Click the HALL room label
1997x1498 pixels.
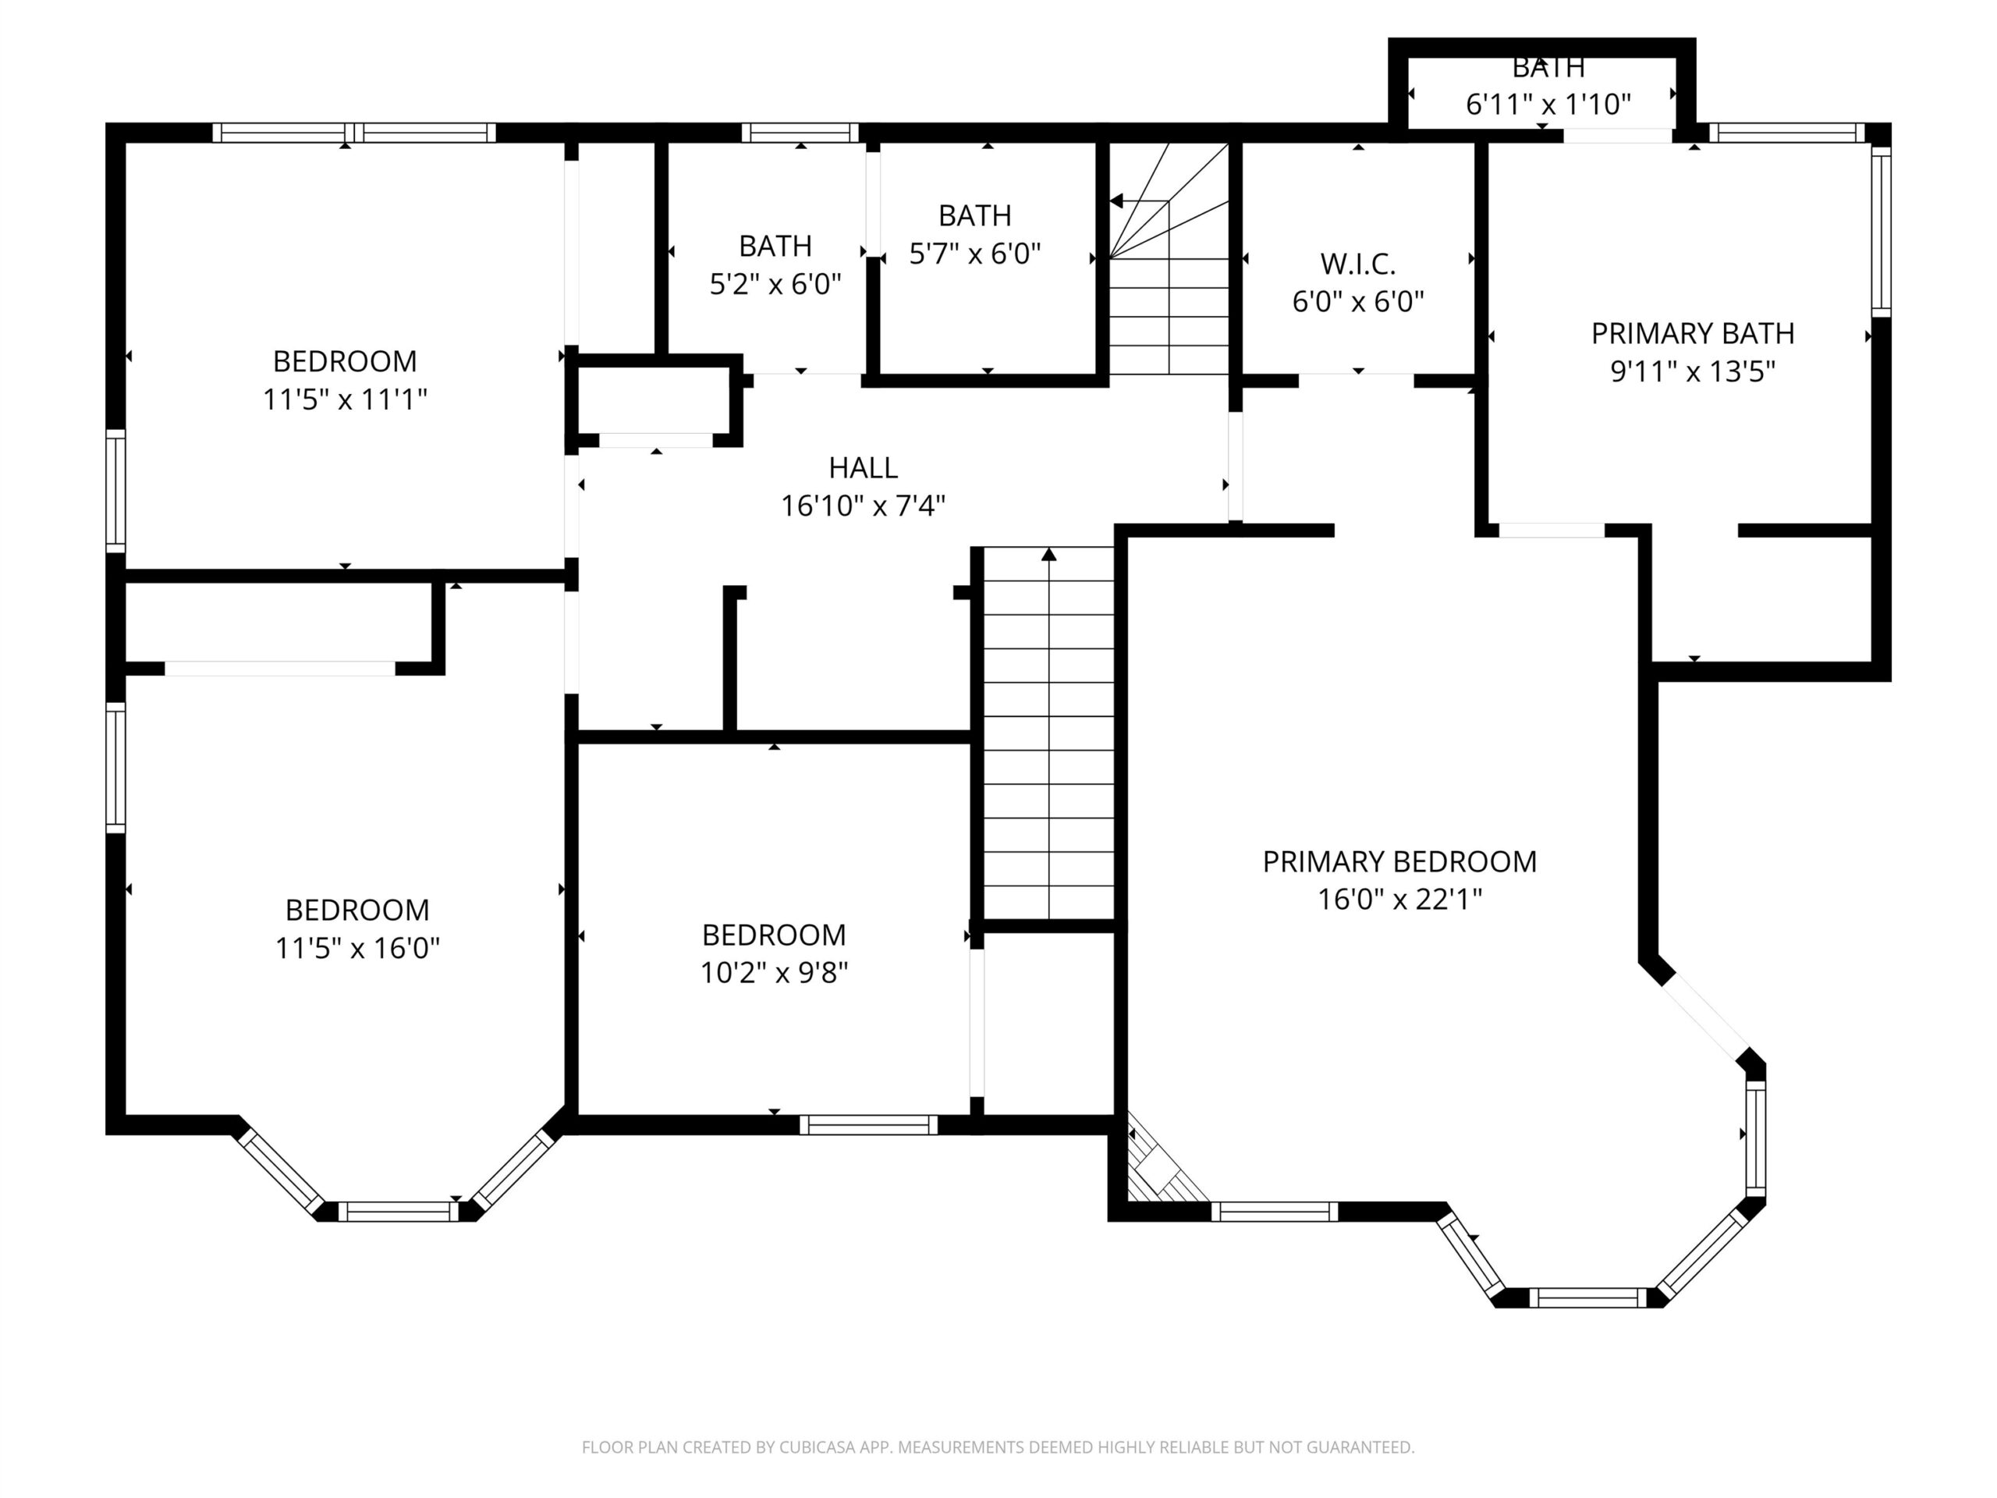click(863, 467)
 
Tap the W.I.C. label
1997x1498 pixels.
click(1358, 264)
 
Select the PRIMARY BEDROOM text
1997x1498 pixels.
click(1399, 861)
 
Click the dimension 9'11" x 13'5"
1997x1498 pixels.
click(1693, 371)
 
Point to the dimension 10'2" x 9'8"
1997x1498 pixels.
click(775, 972)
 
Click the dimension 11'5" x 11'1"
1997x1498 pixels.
click(345, 399)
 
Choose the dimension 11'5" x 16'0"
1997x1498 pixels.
click(357, 948)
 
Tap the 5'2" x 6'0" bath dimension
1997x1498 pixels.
click(775, 285)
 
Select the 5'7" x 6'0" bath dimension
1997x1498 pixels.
click(975, 254)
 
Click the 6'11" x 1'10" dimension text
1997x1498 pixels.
click(1548, 105)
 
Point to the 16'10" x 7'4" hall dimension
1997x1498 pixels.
click(863, 506)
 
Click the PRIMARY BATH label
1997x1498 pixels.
click(1693, 333)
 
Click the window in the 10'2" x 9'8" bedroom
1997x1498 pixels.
click(868, 1125)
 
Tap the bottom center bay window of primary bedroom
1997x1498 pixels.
click(1588, 1297)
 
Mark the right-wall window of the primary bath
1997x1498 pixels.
click(1881, 232)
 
